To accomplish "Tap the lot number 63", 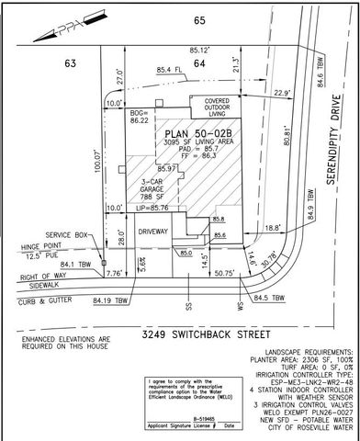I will pos(42,63).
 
